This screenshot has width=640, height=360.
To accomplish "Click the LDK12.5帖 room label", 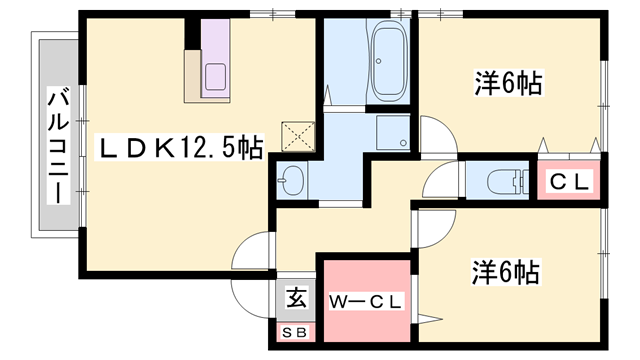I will tap(180, 149).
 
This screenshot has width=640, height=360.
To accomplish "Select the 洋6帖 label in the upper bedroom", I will tap(507, 84).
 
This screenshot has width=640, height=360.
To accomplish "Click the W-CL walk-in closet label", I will tap(364, 300).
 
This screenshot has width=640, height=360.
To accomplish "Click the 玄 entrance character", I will tap(297, 297).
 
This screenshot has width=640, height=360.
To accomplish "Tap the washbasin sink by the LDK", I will tap(292, 181).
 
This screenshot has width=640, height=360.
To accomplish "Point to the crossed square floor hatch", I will tap(296, 135).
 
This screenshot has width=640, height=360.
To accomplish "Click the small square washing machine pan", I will tap(392, 132).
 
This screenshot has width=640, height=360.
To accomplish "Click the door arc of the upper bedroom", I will tap(436, 135).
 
